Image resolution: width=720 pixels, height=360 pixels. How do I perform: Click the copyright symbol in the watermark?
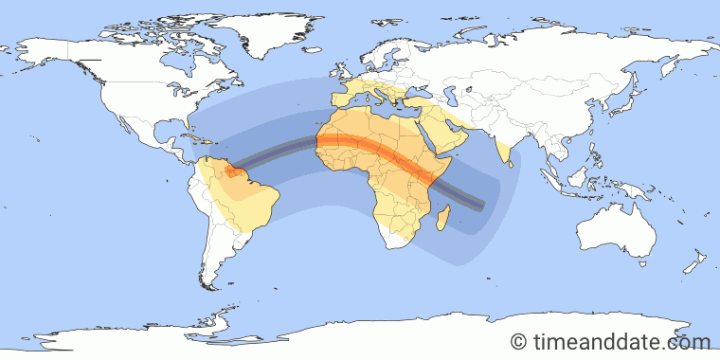(518, 341)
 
